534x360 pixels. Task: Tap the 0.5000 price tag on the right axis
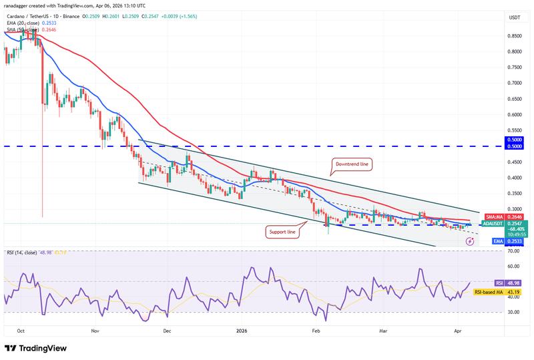click(515, 147)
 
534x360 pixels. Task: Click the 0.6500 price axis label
click(515, 99)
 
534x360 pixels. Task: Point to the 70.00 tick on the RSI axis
click(514, 251)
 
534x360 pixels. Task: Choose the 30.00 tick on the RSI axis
click(514, 312)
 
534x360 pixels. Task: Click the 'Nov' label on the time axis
click(95, 330)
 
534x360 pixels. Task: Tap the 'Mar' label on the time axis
click(382, 330)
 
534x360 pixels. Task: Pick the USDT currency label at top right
click(514, 17)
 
